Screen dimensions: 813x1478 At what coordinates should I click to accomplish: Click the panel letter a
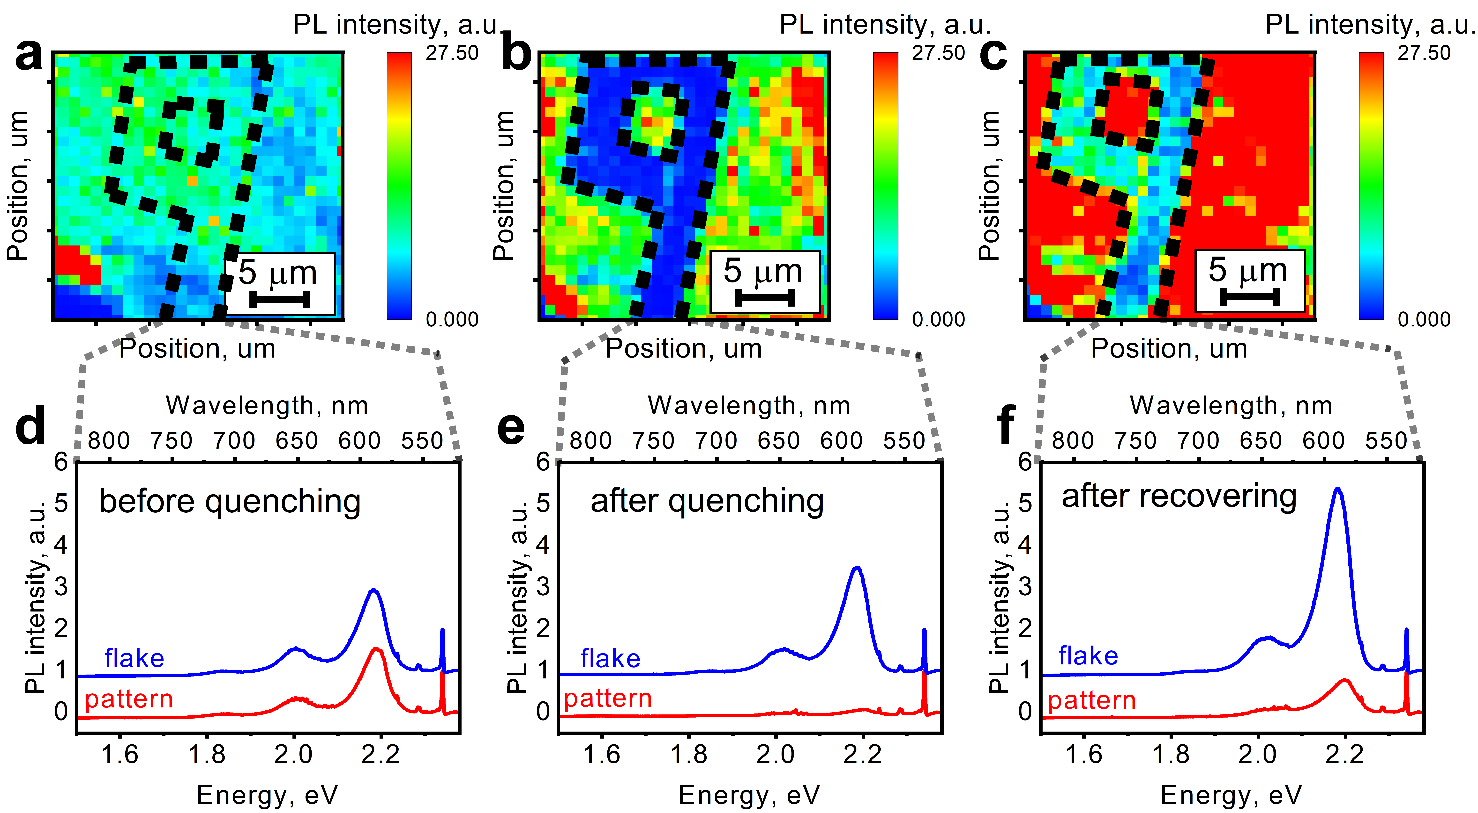click(29, 56)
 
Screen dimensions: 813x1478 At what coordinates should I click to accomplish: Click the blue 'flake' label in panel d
click(134, 658)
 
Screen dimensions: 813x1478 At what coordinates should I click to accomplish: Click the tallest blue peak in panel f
click(1337, 489)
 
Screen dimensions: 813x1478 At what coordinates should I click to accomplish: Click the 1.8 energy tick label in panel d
click(207, 755)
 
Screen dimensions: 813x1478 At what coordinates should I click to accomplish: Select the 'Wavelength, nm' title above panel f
click(1231, 405)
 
